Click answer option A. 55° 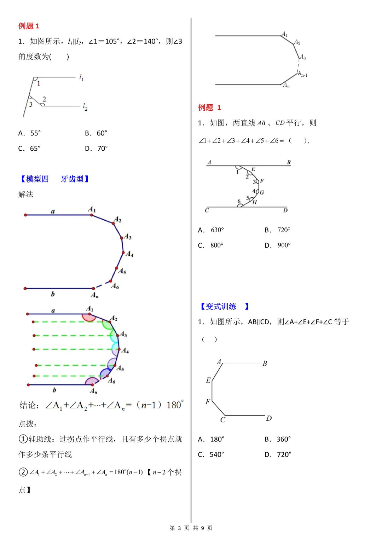[30, 133]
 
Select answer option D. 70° [96, 149]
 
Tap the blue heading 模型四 [37, 179]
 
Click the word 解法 [26, 194]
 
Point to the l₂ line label [85, 107]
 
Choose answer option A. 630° [211, 230]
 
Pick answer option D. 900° [278, 245]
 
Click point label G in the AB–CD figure [262, 192]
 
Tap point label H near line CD [255, 202]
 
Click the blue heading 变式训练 [221, 306]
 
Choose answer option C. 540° [211, 454]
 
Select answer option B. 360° [278, 439]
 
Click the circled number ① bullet [23, 439]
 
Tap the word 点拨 [27, 424]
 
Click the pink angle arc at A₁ [89, 318]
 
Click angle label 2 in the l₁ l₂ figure [44, 99]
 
